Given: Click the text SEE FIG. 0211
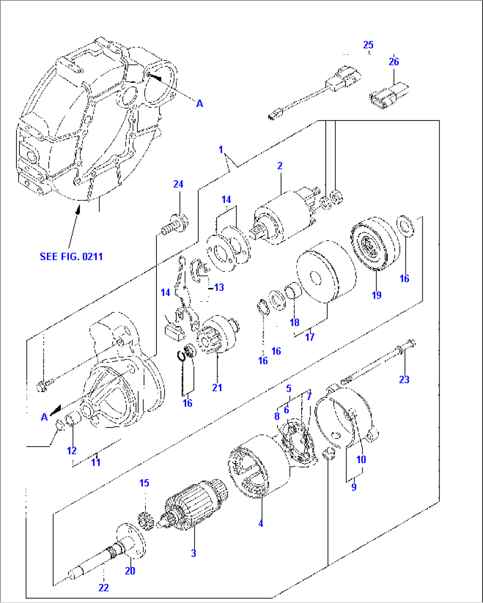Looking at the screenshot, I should point(71,257).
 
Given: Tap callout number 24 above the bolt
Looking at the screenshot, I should point(178,184).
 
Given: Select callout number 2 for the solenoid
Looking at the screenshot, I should point(280,166).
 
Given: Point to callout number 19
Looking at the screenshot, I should point(376,295).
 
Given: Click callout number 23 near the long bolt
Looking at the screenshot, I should point(404,379).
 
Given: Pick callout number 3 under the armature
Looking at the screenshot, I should point(193,553).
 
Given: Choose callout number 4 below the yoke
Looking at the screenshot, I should point(261,523).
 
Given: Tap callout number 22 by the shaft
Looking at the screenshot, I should point(103,587).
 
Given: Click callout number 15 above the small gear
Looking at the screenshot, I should point(144,483).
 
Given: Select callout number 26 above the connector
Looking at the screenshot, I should point(393,62).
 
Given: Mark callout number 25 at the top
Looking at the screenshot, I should point(368,45).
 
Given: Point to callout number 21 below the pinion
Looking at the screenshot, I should point(217,387).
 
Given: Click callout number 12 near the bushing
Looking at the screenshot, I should point(72,451).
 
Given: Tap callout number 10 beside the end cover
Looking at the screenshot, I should point(361,459).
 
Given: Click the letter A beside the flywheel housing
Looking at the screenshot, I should point(200,103).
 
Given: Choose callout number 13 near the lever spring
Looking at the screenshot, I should point(218,288).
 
